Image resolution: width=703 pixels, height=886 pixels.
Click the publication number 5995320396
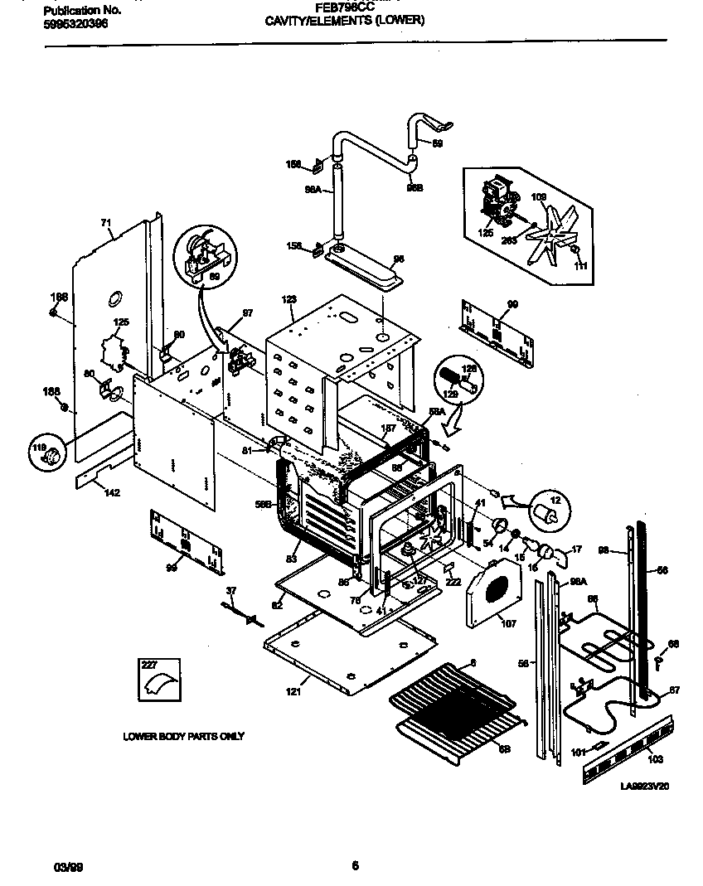74,24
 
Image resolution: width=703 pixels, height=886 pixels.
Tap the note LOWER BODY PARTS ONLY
183,736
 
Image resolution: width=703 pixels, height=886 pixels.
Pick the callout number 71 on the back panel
105,222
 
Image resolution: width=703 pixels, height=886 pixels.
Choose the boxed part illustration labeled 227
158,679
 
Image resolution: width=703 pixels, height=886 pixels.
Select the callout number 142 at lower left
112,493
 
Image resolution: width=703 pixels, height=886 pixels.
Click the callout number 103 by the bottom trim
655,758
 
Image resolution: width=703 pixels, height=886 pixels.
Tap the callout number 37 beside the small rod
231,589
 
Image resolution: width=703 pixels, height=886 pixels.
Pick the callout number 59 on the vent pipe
439,143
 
